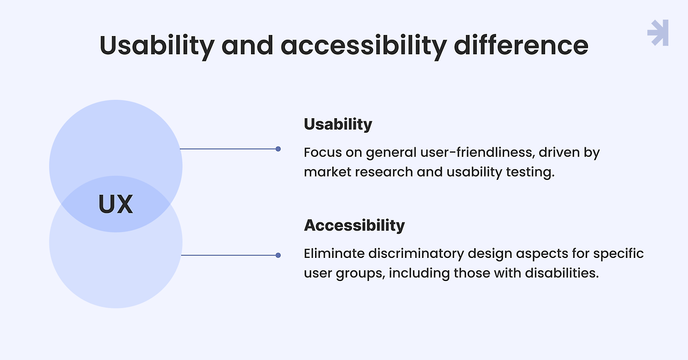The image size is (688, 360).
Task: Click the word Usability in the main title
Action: pos(156,45)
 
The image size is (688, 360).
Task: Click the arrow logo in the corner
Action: pos(658,33)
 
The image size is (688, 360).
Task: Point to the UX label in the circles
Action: pos(116,205)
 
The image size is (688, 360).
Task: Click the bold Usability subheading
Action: pos(338,124)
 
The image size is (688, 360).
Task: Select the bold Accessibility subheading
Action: pos(354,225)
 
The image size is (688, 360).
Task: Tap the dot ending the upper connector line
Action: pos(278,149)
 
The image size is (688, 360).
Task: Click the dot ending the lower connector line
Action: pos(278,255)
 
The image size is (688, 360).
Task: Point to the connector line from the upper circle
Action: pos(228,149)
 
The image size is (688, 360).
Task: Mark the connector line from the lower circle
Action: pos(228,255)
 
